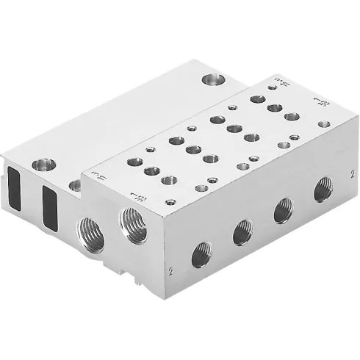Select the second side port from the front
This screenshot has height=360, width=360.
(242, 233)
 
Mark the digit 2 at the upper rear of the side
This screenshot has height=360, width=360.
(353, 176)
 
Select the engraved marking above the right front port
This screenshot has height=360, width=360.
(136, 195)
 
